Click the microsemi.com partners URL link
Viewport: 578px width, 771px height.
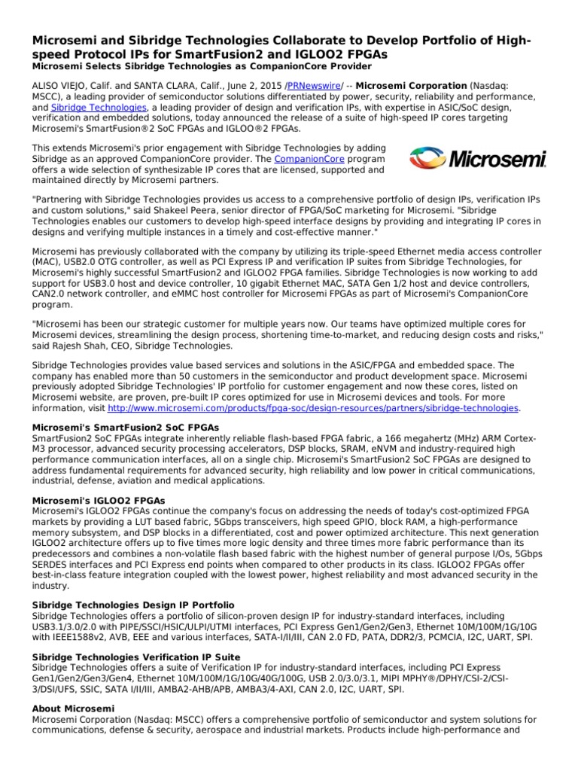tap(313, 408)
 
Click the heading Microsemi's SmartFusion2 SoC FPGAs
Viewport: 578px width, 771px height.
tap(126, 427)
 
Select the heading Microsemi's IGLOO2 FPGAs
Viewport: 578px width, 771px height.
tap(99, 500)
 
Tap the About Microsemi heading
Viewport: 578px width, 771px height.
tap(73, 709)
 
